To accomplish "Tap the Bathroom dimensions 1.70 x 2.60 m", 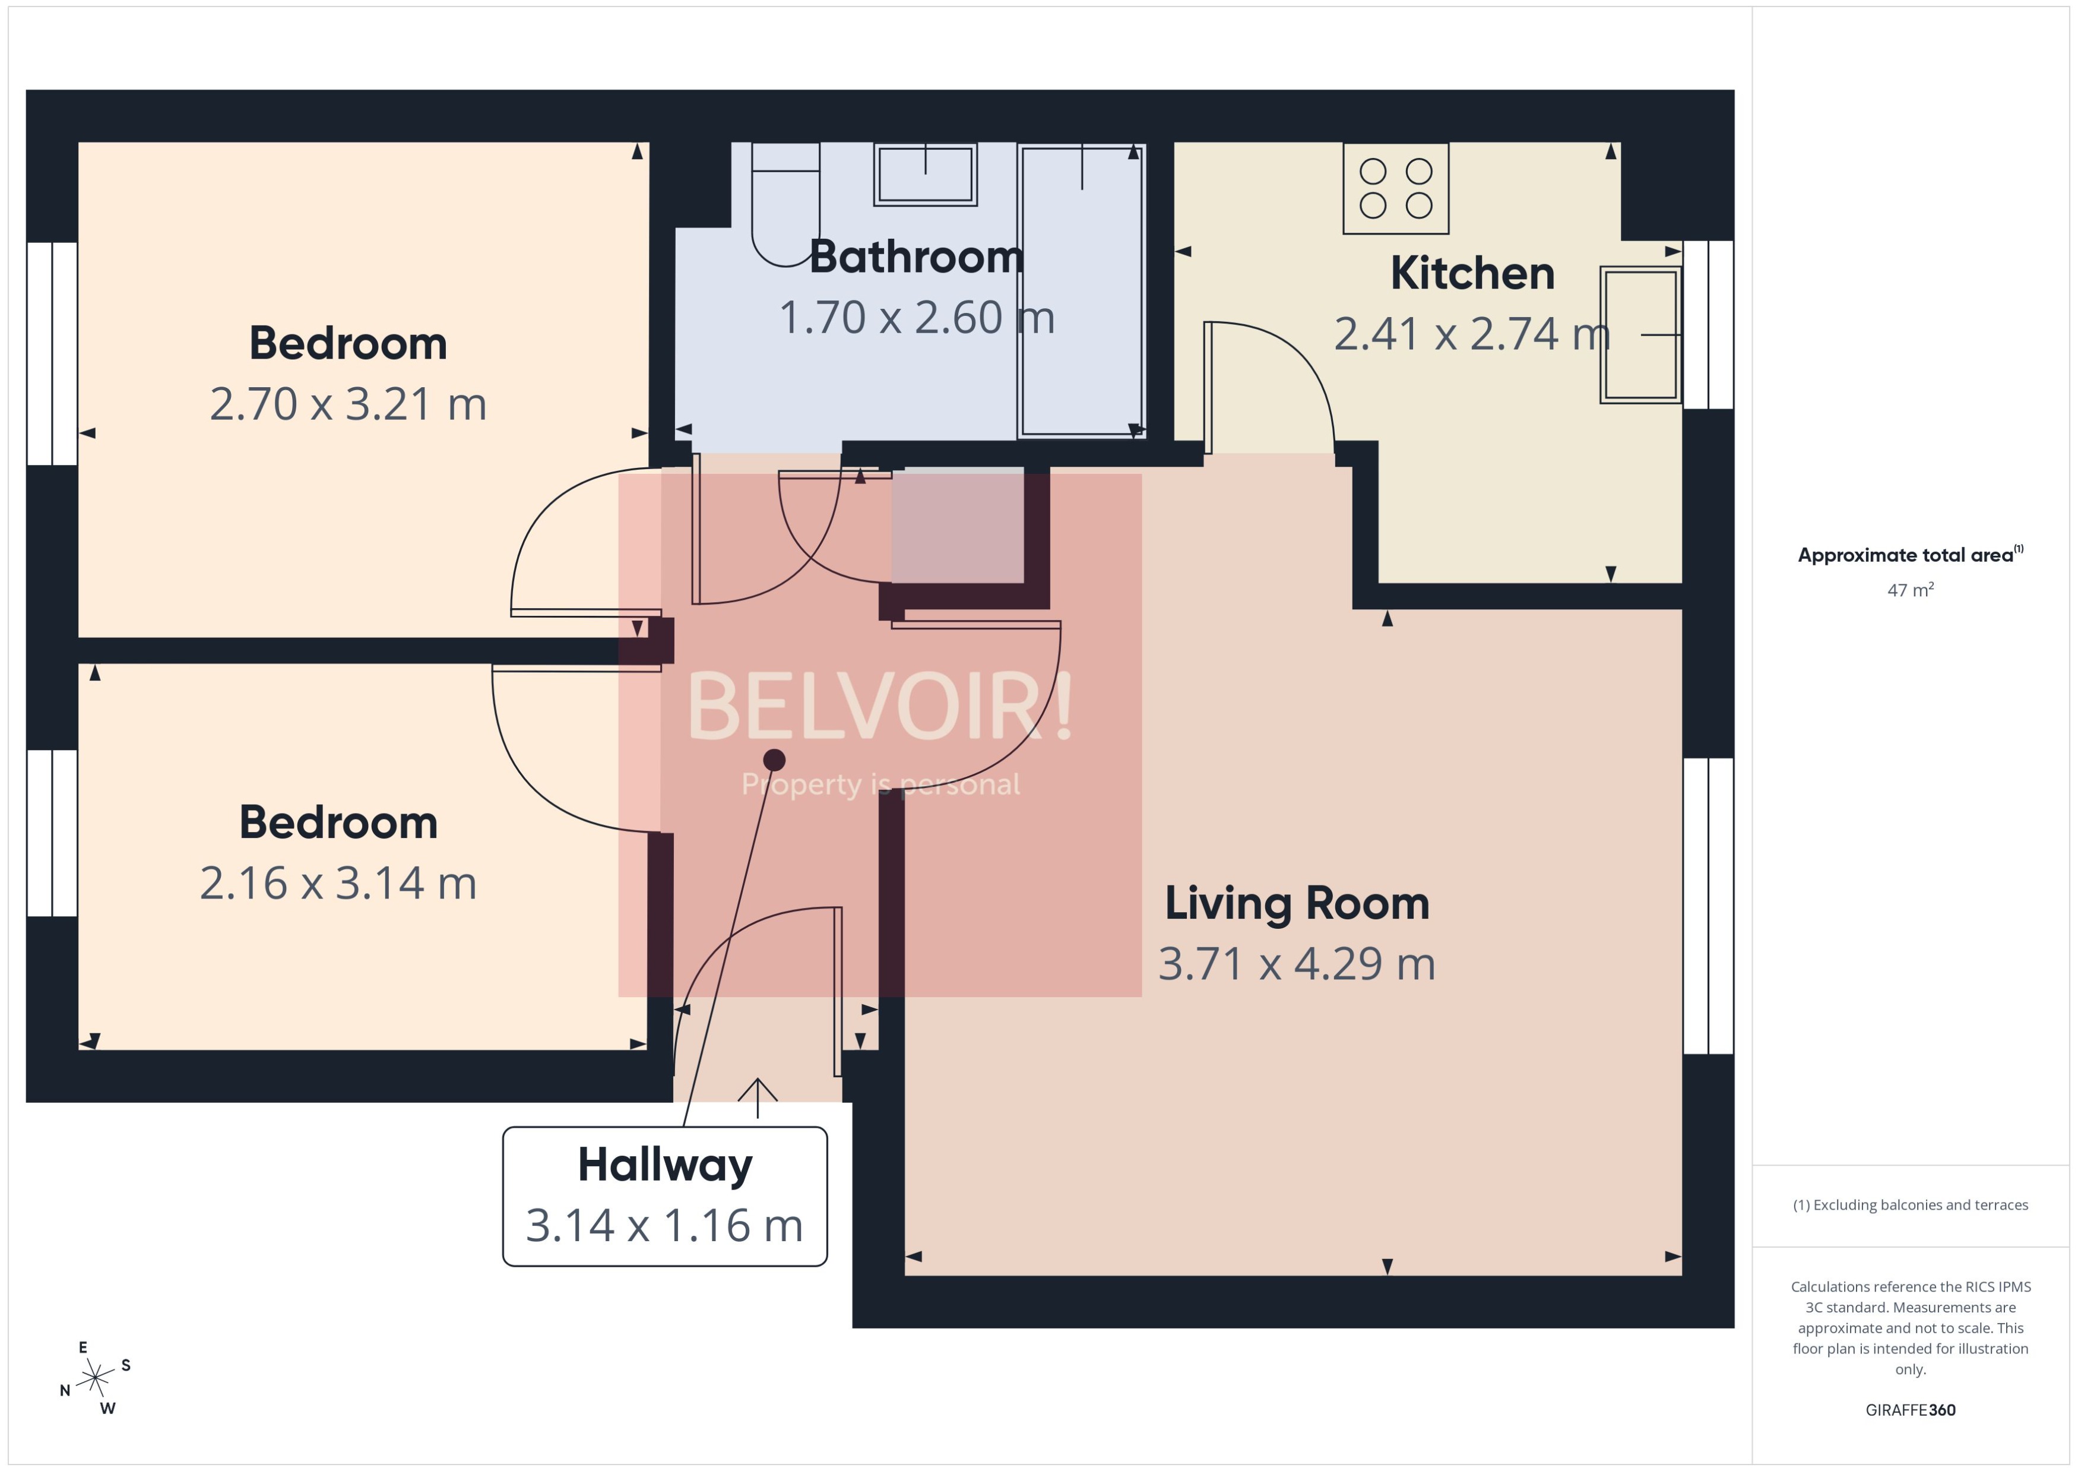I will [916, 318].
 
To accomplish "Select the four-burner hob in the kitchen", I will [1395, 188].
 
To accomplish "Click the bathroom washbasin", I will [924, 174].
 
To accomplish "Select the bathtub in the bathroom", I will [1080, 290].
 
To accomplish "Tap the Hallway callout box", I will [664, 1195].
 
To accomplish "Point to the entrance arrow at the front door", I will [757, 1096].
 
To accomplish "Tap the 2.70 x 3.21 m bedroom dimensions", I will [348, 404].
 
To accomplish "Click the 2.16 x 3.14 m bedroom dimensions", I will [338, 883].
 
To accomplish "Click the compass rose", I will [95, 1378].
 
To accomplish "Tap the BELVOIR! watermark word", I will [879, 707].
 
